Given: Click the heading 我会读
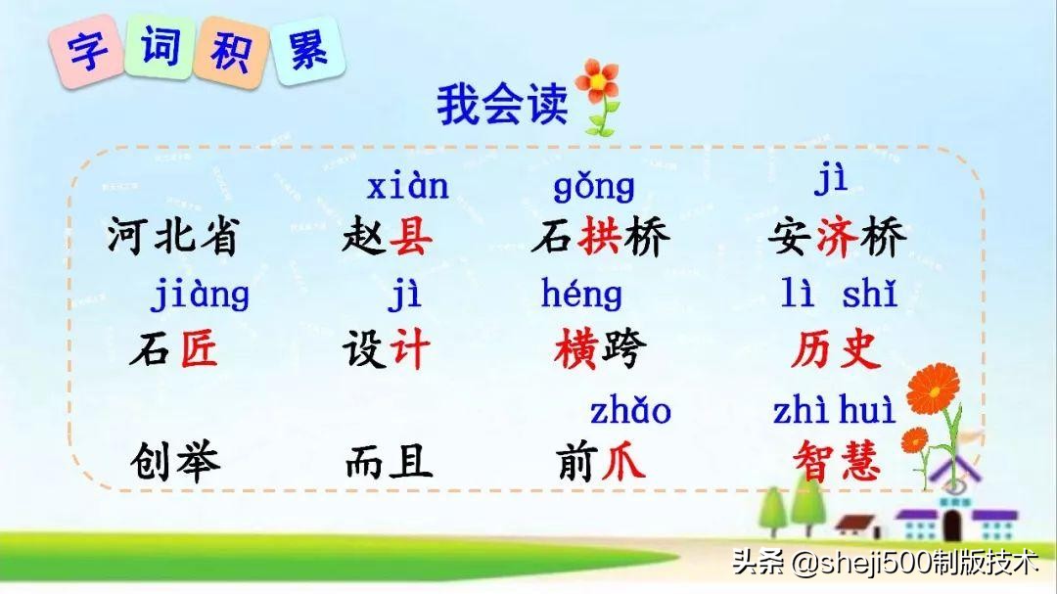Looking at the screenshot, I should click(501, 105).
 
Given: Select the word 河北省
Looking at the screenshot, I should click(172, 238).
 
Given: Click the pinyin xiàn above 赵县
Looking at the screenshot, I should click(407, 185).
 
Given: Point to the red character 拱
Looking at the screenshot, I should click(600, 238).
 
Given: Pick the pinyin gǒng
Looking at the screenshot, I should click(594, 187).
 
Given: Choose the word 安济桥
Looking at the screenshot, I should click(839, 238).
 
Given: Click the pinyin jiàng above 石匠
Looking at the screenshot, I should click(200, 295).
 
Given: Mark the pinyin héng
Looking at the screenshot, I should click(581, 294).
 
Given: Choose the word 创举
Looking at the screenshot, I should click(174, 461).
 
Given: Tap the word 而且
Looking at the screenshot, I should click(388, 461).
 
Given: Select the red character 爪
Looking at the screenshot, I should click(622, 461).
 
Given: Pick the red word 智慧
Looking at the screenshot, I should click(837, 461).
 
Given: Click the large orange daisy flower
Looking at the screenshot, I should click(932, 389).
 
